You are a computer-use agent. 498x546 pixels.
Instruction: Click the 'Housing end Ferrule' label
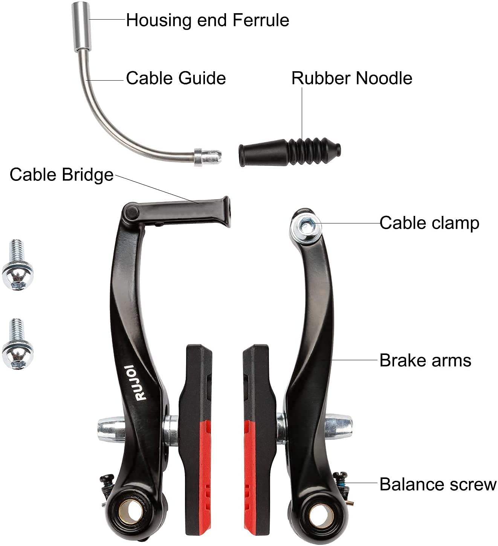(x=207, y=20)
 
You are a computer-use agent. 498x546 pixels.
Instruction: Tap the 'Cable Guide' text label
(x=176, y=78)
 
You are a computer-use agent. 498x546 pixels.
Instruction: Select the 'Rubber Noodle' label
(x=351, y=78)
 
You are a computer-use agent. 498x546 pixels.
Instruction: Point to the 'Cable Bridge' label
(x=61, y=174)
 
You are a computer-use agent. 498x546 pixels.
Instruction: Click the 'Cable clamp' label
(x=429, y=223)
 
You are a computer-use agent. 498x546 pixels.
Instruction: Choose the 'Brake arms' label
(x=425, y=360)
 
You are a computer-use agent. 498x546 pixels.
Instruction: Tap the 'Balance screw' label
(x=438, y=484)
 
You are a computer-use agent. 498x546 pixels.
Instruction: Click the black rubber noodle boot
(x=289, y=151)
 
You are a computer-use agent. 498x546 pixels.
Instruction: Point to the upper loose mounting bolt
(x=17, y=265)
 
